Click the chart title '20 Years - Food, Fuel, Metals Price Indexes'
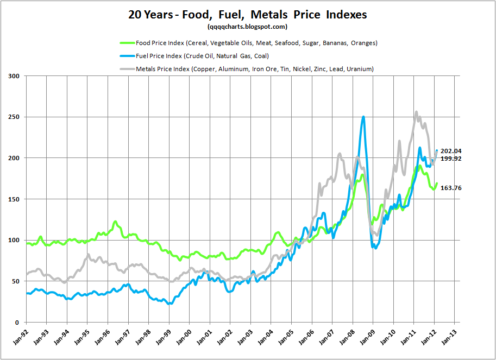[x=248, y=15]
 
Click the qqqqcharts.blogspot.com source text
[x=247, y=27]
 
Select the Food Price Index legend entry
[x=248, y=43]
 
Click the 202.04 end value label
[x=451, y=151]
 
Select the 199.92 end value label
[x=451, y=159]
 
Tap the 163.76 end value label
[x=451, y=188]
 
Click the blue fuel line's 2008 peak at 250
[x=363, y=117]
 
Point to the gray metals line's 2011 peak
[x=416, y=112]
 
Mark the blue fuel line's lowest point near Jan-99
[x=169, y=304]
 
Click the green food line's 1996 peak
[x=115, y=222]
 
